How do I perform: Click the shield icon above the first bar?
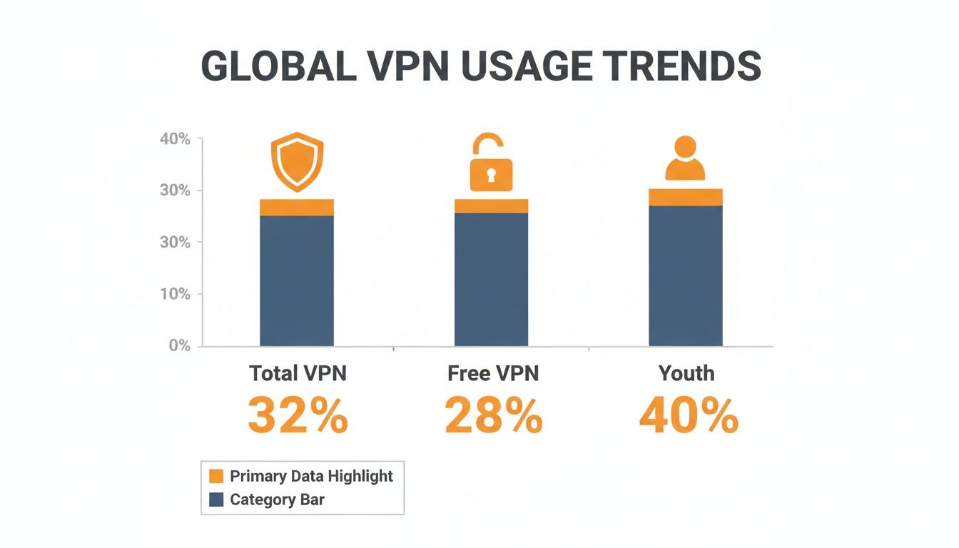(x=297, y=161)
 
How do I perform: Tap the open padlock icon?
(x=491, y=163)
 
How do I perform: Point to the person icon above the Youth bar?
(x=685, y=158)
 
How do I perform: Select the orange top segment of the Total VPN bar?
(x=297, y=208)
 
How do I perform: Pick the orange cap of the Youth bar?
(x=685, y=198)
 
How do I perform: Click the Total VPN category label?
(x=298, y=373)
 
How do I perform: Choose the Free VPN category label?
(x=493, y=373)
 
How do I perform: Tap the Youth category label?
(x=686, y=373)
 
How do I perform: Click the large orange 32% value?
(x=298, y=415)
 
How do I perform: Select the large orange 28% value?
(x=493, y=415)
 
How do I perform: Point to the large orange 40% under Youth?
(x=688, y=415)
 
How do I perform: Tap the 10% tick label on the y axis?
(x=176, y=294)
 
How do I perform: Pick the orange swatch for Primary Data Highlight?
(x=217, y=477)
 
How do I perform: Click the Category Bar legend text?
(x=277, y=499)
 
